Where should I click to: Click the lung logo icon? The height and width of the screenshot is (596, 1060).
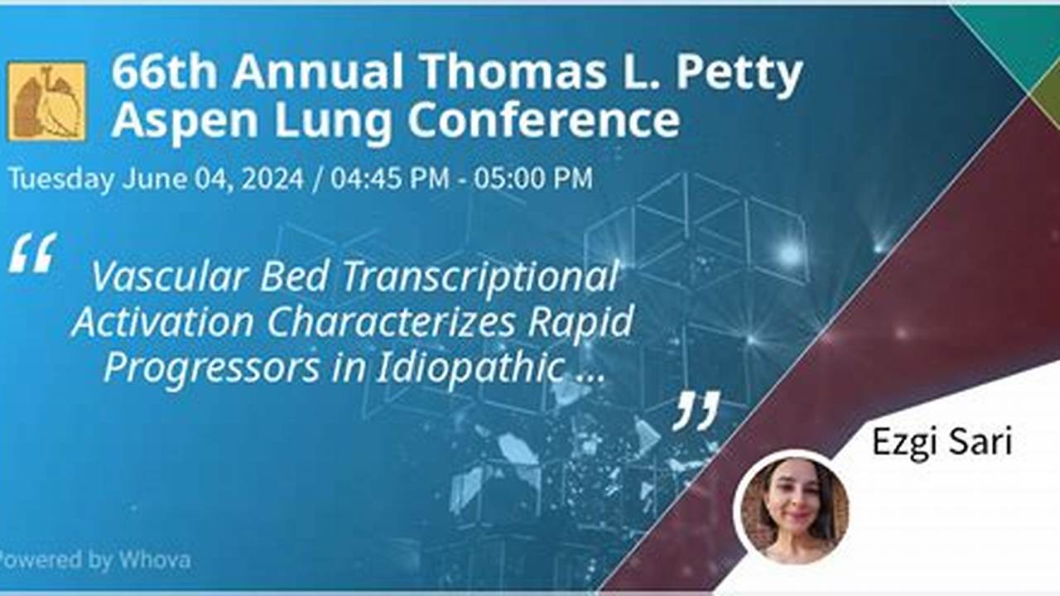coord(47,100)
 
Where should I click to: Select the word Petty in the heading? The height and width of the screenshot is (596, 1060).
coord(739,72)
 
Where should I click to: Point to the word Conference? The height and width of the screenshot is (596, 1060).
coord(543,121)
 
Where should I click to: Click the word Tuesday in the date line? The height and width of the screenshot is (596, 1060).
coord(61,179)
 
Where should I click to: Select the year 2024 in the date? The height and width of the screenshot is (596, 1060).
coord(272,179)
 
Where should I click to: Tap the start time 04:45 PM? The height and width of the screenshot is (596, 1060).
coord(388,179)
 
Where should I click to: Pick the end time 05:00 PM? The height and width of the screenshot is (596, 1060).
coord(532,179)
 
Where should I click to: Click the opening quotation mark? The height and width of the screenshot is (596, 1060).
coord(33,253)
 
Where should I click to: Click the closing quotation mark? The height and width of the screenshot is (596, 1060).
coord(696,411)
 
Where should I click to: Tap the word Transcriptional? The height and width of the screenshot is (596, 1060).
coord(479,277)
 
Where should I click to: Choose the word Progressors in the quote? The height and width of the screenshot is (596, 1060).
coord(212,368)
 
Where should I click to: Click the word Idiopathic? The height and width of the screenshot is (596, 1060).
coord(470,368)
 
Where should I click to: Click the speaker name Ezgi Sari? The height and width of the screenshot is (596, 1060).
coord(942,442)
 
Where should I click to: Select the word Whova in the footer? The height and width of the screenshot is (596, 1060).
coord(154,560)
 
